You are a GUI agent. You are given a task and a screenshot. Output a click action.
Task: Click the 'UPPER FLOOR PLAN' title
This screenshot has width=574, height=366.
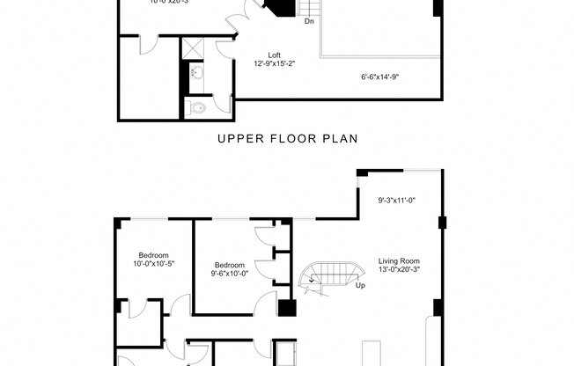[x=286, y=138]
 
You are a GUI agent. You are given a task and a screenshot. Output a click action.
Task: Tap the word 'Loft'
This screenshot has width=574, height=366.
[x=275, y=55]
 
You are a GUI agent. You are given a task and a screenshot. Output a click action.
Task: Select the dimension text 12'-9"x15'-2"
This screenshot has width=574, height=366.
[x=275, y=63]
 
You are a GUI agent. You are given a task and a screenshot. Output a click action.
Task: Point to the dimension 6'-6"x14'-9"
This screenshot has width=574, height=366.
[x=381, y=77]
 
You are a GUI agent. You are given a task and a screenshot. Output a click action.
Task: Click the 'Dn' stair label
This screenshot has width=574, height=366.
[x=309, y=21]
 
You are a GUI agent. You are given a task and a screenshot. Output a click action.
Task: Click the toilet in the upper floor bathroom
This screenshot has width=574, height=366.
[x=197, y=107]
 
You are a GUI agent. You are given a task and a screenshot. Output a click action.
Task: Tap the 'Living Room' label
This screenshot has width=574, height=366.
[x=399, y=260]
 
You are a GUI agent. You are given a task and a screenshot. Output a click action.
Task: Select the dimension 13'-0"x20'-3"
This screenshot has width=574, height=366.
[x=399, y=270]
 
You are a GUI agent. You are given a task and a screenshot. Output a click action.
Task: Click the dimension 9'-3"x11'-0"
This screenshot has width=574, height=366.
[x=396, y=201]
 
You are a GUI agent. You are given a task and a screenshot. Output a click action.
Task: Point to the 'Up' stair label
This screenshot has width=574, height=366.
[x=360, y=285]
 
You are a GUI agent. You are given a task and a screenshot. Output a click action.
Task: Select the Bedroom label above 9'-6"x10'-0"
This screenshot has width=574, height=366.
[x=230, y=264]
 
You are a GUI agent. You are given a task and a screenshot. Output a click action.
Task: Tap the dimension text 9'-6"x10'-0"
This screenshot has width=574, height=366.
[x=230, y=274]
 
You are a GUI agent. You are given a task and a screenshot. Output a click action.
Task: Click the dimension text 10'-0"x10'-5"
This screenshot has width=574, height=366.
[x=154, y=264]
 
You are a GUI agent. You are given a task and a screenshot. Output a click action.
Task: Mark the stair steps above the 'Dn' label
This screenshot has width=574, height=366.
[x=309, y=7]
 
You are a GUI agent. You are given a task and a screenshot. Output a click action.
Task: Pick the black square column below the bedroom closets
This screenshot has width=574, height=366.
[x=286, y=309]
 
